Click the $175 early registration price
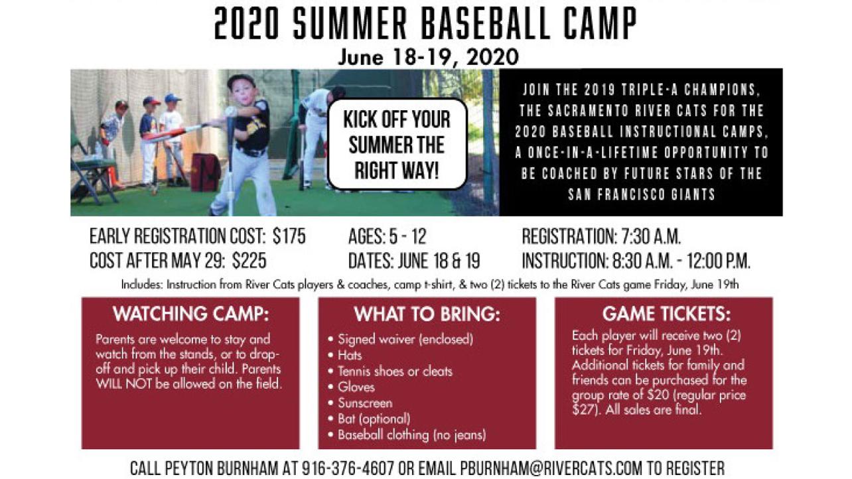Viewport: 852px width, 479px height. [289, 236]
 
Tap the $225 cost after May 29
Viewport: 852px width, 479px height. [249, 261]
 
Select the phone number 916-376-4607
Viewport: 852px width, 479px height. [348, 468]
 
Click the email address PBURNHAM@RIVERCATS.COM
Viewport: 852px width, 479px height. [551, 468]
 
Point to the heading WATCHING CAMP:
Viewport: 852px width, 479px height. [190, 314]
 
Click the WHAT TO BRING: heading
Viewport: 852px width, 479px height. [427, 314]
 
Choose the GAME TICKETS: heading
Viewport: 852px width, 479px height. [666, 314]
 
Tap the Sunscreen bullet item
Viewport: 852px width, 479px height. [365, 403]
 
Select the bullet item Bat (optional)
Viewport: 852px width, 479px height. [374, 419]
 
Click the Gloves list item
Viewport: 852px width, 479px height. [356, 387]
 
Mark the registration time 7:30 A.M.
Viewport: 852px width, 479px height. [651, 236]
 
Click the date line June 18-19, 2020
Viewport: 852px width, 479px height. [428, 58]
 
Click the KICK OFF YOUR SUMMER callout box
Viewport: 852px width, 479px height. [397, 144]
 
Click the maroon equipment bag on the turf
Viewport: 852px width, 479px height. [206, 172]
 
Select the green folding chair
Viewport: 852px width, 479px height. [93, 172]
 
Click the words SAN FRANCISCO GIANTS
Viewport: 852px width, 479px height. [642, 194]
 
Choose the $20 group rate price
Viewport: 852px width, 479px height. [658, 395]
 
